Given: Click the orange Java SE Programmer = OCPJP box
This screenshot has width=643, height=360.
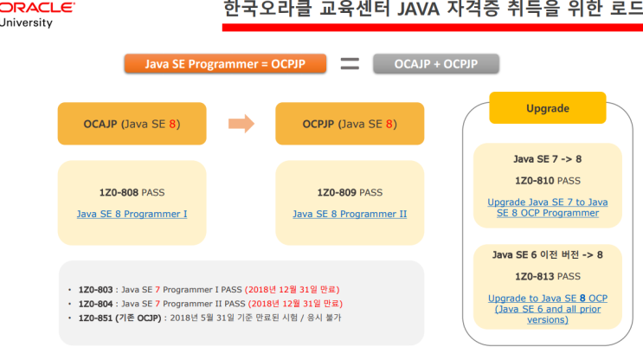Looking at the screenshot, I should point(225,63).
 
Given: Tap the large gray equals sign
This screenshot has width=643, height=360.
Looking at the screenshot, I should point(350,63).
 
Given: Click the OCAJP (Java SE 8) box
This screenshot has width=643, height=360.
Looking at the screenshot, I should point(132,124).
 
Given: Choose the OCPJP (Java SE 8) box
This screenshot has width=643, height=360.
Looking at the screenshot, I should point(350,124).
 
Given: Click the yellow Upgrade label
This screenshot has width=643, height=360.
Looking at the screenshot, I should point(547,109).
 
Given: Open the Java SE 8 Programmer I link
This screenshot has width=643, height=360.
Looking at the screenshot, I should point(132,214).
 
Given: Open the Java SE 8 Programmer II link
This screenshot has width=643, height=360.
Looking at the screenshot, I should point(350,214).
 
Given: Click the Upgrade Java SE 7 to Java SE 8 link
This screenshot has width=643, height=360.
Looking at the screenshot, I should point(547,208).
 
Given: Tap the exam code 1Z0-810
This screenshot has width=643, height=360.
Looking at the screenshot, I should point(534,181).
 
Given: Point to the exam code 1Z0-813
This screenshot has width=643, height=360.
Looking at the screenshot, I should point(534,277).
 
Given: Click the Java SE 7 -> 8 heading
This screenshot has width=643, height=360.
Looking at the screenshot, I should point(547,159).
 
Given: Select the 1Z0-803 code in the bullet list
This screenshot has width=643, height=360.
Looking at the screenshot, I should point(96,289).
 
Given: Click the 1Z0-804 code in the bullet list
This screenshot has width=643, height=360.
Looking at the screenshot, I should point(96,304).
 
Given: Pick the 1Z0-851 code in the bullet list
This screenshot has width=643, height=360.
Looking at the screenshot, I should point(96,318).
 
